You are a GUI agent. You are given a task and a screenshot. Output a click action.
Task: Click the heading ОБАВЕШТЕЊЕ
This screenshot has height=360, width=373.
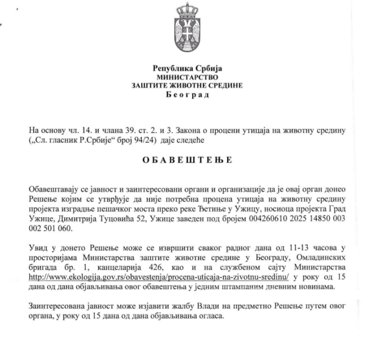(x=186, y=161)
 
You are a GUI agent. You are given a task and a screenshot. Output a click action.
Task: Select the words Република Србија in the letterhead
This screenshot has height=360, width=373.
(x=187, y=70)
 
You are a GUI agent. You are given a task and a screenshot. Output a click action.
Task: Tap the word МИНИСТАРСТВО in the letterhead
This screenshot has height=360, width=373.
(x=187, y=78)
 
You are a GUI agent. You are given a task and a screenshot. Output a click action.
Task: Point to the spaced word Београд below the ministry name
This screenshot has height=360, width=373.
(x=187, y=95)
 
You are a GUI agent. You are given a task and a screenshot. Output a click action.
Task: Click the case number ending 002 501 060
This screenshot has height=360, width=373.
(x=50, y=228)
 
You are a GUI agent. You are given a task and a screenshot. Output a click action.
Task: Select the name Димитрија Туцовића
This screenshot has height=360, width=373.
(x=92, y=218)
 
